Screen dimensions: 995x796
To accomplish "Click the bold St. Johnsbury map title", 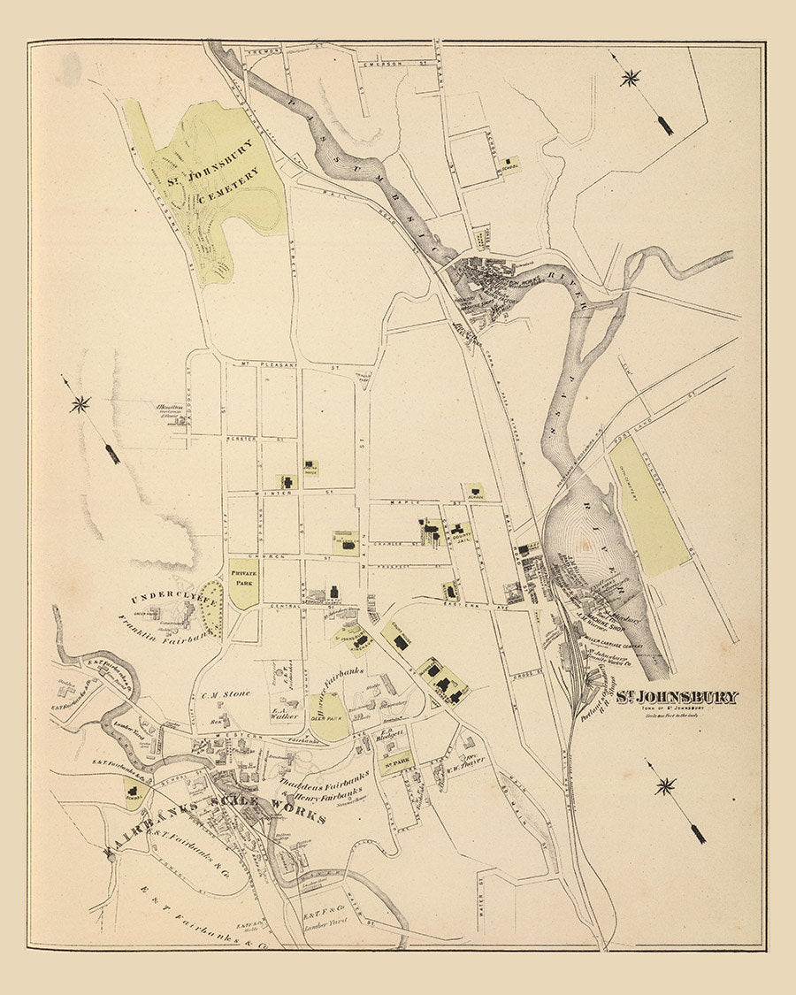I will pos(677,697).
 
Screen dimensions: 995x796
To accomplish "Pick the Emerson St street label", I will pos(387,63).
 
